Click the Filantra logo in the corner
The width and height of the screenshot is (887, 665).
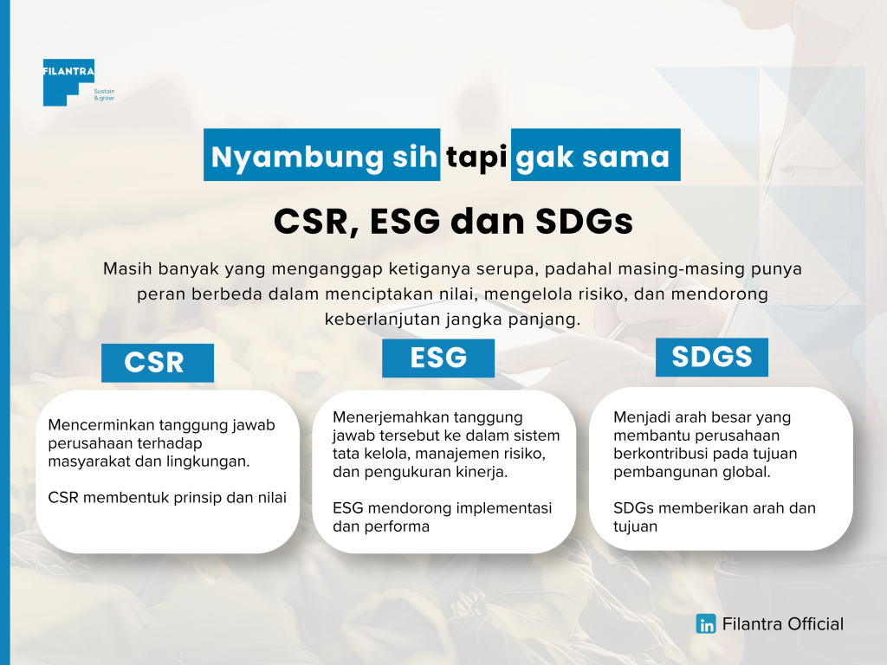(x=69, y=82)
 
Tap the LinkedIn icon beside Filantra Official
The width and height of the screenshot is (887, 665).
(x=705, y=624)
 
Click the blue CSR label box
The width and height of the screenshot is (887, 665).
(x=158, y=363)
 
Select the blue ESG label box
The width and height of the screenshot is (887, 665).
(x=437, y=358)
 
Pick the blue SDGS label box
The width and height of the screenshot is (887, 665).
(x=712, y=357)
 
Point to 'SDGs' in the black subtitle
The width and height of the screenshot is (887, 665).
(x=584, y=221)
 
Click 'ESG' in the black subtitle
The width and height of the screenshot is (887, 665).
(x=405, y=221)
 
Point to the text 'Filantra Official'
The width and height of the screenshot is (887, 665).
(x=783, y=624)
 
